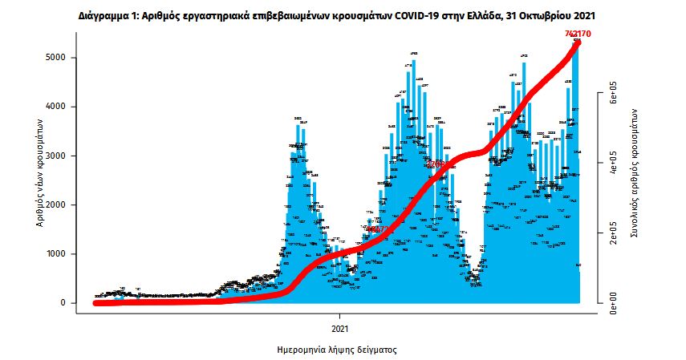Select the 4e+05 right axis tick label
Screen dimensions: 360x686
click(x=614, y=162)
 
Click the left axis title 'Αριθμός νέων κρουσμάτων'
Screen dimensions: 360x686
click(x=39, y=172)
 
